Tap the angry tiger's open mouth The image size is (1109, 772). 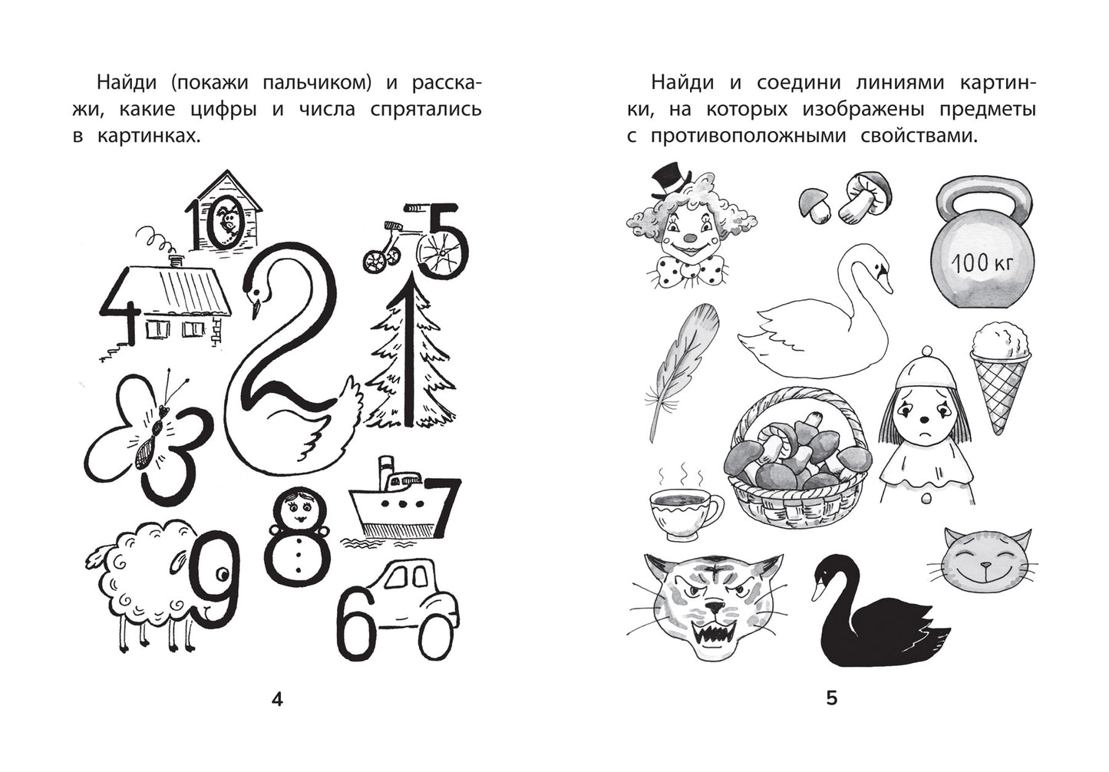coord(712,636)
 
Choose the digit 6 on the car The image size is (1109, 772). coord(355,623)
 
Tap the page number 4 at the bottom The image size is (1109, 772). coord(277,698)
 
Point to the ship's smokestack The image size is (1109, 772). coord(385,472)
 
